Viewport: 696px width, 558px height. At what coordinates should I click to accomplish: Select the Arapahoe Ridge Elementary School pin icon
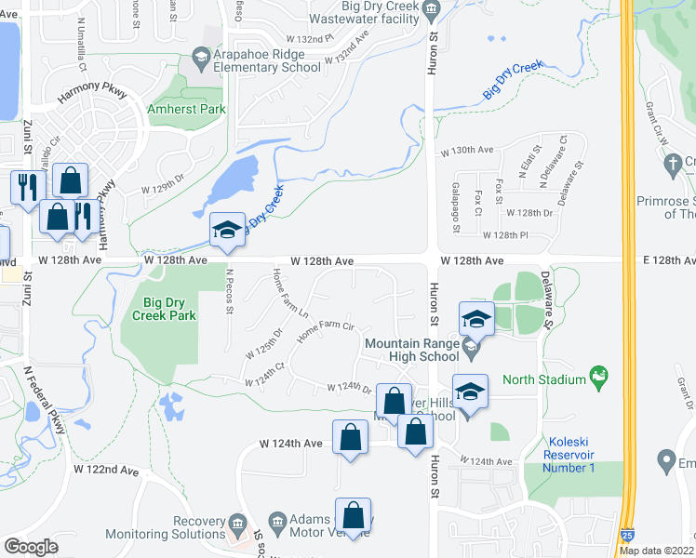click(x=200, y=59)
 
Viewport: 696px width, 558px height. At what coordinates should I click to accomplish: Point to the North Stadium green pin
click(x=600, y=378)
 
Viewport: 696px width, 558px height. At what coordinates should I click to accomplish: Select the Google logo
click(x=31, y=546)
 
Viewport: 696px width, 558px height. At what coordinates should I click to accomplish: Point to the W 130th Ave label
click(x=466, y=150)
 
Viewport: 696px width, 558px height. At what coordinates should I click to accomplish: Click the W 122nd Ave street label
click(x=107, y=472)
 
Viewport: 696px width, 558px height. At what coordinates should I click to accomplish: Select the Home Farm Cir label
click(x=327, y=330)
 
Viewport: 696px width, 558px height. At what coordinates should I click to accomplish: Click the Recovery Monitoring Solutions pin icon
click(x=237, y=522)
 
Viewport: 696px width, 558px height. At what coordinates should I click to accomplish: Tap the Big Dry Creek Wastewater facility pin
click(x=431, y=10)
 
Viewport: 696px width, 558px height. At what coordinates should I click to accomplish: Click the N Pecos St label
click(x=230, y=291)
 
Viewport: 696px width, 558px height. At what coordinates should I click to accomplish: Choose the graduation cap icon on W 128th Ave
click(x=226, y=232)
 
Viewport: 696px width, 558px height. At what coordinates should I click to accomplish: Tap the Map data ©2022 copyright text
click(x=657, y=551)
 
